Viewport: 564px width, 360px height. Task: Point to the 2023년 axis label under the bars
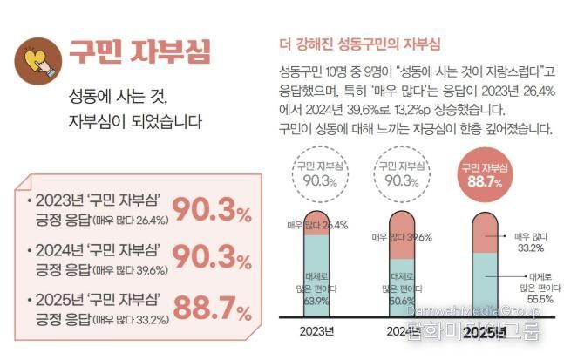click(x=317, y=330)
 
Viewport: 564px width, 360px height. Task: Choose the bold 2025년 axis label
click(x=486, y=332)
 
